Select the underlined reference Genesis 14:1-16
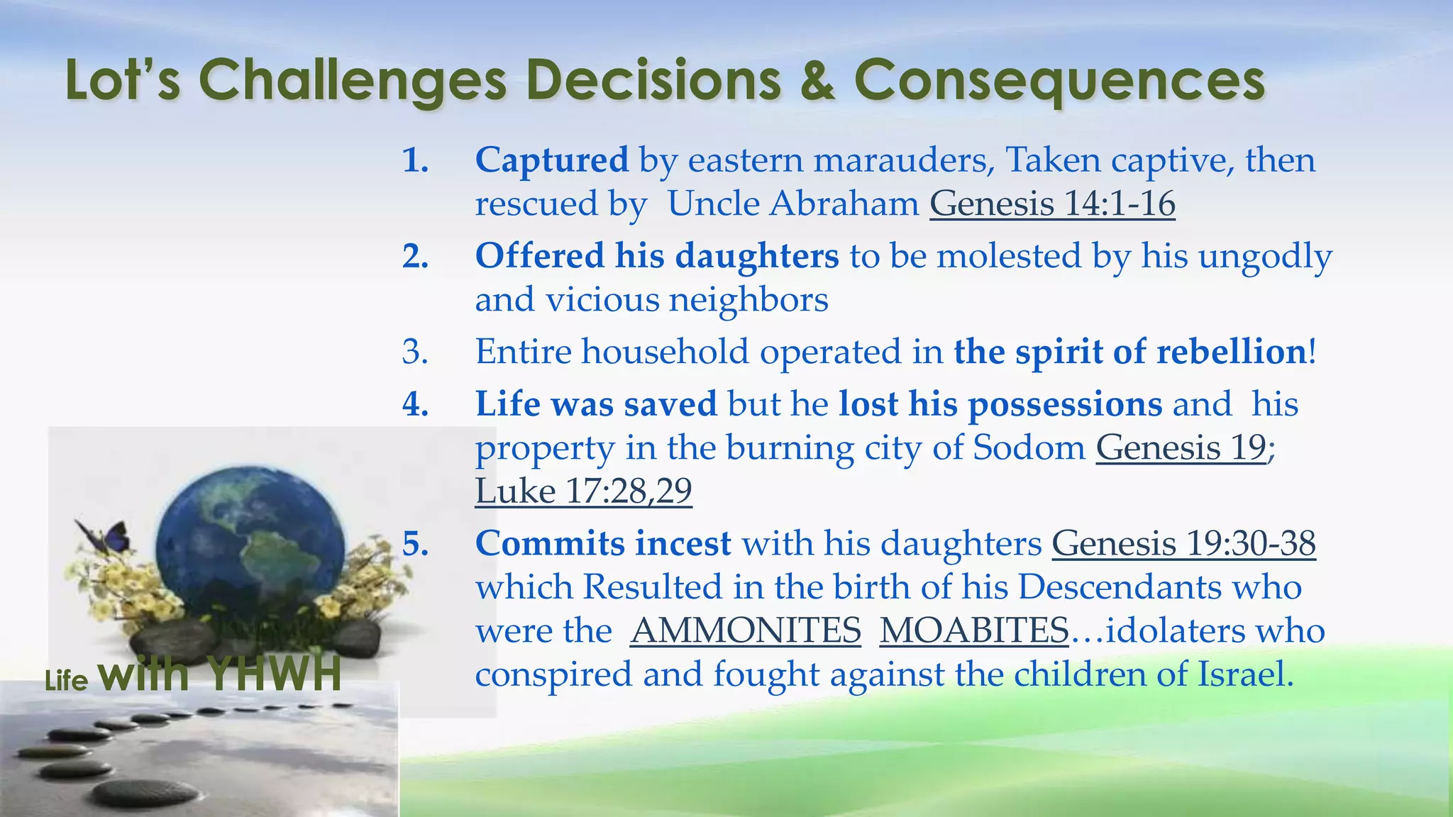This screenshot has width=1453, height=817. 1052,204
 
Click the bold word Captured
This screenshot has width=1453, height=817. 551,160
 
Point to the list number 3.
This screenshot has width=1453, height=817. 415,352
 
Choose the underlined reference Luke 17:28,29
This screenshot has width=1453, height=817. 583,491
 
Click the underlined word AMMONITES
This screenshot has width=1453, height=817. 746,630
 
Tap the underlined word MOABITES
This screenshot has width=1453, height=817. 974,630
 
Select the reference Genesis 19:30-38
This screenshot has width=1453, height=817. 1183,544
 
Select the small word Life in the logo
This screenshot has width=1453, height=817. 66,681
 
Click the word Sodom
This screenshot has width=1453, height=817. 1029,448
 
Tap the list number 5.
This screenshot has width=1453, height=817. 415,544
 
